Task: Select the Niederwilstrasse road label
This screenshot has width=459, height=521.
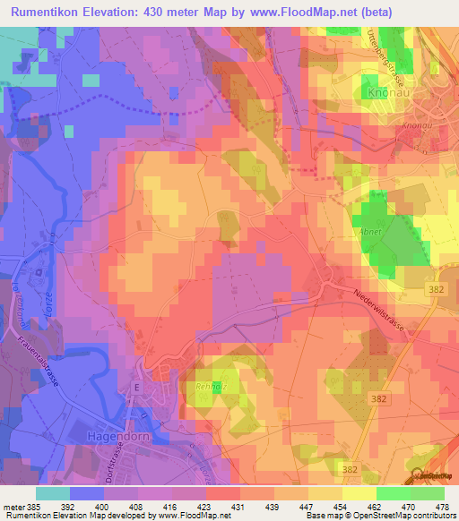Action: [x=379, y=313]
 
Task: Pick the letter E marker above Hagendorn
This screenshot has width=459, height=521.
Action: [x=136, y=387]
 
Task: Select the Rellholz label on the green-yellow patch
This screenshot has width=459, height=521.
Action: [x=208, y=388]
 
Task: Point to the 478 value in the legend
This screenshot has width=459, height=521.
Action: [x=444, y=507]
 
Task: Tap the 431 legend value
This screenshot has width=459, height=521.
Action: [x=239, y=507]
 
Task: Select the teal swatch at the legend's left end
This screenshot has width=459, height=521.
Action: [x=53, y=493]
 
